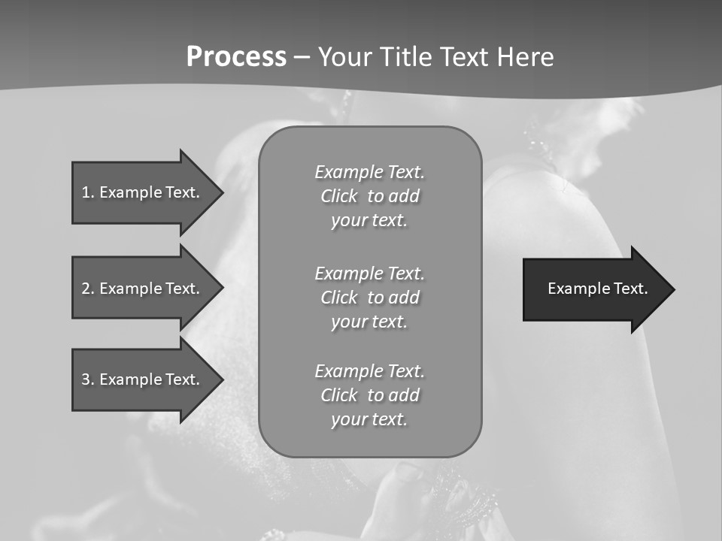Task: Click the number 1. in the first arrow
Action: point(87,192)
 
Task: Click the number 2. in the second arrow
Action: point(87,289)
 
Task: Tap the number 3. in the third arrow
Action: point(87,379)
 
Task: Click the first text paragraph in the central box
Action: point(369,196)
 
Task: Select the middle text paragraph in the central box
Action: point(369,298)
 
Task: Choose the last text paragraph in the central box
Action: point(369,395)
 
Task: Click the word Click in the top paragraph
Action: point(339,196)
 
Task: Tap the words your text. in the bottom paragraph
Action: point(369,419)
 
